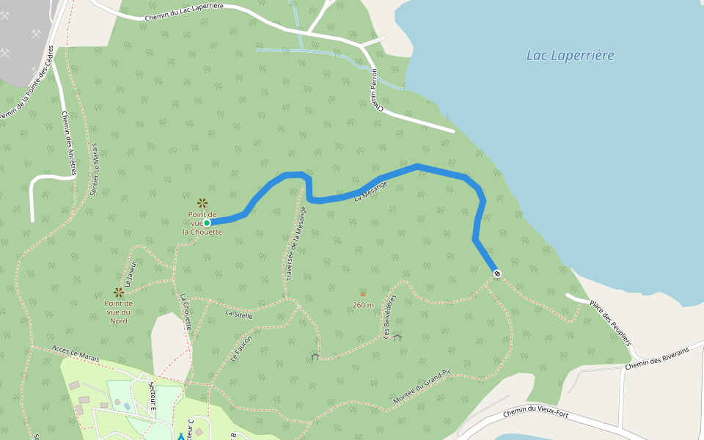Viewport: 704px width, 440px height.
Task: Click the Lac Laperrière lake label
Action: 570,55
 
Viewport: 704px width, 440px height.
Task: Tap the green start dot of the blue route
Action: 207,222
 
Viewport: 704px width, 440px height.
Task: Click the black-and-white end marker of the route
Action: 497,274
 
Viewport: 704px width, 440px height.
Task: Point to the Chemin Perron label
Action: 377,90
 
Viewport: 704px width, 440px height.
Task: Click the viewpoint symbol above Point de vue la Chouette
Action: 202,202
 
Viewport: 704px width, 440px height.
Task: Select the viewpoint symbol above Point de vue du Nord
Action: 118,292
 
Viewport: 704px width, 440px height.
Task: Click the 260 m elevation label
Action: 363,305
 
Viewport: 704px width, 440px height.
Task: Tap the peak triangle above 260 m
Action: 362,293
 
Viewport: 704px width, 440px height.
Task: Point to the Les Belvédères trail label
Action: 389,318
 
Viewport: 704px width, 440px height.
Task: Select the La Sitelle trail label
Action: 239,314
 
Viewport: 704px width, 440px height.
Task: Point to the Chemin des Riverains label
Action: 658,358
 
